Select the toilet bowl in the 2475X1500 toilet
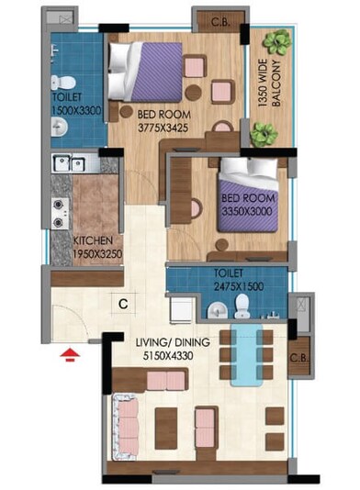point(241,302)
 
